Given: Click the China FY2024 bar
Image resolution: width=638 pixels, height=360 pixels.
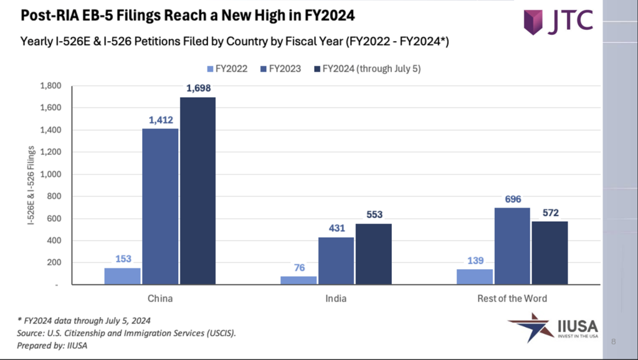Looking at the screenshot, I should [x=198, y=191].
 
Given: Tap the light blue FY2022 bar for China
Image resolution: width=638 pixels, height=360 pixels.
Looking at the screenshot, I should [x=122, y=276].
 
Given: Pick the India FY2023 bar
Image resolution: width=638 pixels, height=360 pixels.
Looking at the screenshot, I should [x=335, y=261].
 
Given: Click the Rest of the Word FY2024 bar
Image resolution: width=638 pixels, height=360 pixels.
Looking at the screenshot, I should [x=550, y=253].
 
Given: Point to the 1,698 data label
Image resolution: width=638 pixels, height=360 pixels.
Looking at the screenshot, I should [x=198, y=90].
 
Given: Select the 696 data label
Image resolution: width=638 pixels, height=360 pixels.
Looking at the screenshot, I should [x=513, y=199].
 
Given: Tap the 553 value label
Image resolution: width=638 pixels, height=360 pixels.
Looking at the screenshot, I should [x=373, y=216].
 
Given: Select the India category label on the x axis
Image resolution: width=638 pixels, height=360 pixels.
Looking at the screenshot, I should [x=336, y=298].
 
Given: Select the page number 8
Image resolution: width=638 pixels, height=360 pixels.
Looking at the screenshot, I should [x=614, y=341].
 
